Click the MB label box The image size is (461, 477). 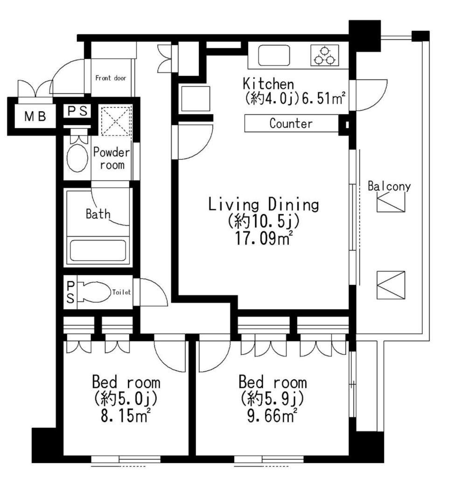[x=35, y=116]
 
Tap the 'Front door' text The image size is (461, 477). [x=111, y=78]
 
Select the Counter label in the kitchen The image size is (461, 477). [x=291, y=123]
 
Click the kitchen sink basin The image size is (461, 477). [x=274, y=55]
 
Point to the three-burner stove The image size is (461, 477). [x=325, y=55]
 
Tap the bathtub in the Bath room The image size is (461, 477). [x=98, y=251]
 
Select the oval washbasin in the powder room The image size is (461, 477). [x=77, y=158]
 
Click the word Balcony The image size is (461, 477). [x=389, y=186]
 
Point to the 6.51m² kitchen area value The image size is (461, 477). [x=323, y=98]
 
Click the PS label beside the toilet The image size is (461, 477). [x=70, y=292]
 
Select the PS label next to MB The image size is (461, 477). [x=77, y=111]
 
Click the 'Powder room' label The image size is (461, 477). [x=112, y=158]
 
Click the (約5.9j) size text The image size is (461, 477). [x=272, y=398]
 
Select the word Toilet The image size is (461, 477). [x=122, y=292]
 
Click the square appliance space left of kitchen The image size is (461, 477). [x=196, y=99]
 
